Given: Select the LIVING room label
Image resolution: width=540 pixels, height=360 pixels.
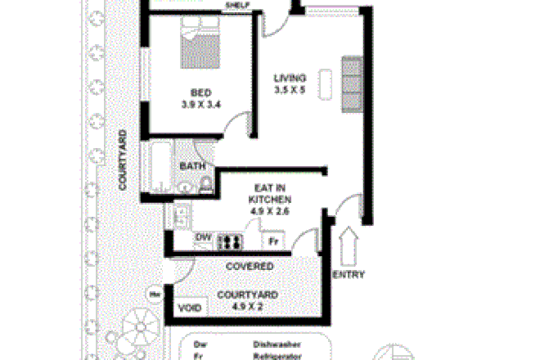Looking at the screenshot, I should tap(290, 79).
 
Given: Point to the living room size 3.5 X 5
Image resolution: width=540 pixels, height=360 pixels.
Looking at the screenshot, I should tap(290, 90).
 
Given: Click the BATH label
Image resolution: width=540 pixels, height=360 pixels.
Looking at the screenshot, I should tap(191, 167).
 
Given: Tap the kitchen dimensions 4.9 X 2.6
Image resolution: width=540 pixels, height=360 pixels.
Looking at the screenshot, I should tap(270, 211).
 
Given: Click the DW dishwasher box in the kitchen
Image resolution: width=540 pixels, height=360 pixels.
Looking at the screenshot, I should tap(203, 239).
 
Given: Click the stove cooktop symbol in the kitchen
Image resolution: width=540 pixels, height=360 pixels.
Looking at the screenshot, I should tap(230, 241).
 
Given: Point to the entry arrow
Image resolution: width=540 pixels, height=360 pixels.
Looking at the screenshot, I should tap(349, 243).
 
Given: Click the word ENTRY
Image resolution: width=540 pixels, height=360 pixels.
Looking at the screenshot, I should tap(349, 274).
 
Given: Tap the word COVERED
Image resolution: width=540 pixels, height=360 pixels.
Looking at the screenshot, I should tap(250, 267).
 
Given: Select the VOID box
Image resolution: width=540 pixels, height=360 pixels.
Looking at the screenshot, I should tap(191, 309).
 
